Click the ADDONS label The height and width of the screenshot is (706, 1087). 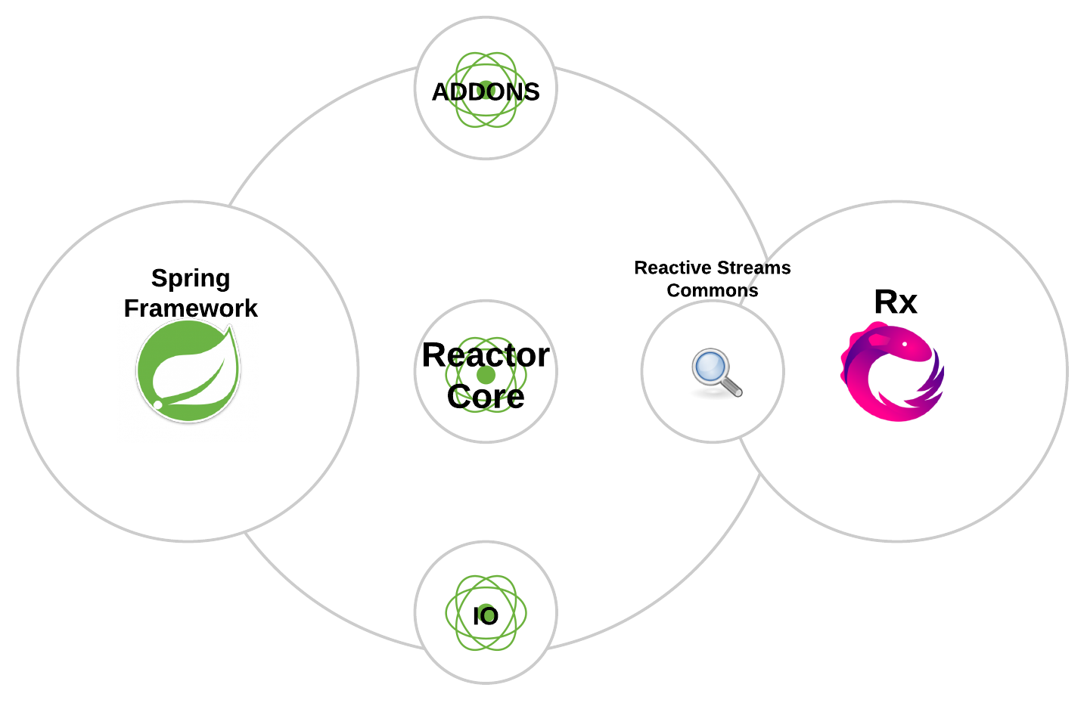tap(486, 92)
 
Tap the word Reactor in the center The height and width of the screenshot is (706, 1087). tap(486, 355)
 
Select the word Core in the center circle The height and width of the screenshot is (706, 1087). tap(486, 397)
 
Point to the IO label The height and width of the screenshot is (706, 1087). tap(486, 616)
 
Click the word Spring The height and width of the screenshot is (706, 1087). tap(191, 278)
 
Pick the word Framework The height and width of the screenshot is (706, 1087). tap(191, 308)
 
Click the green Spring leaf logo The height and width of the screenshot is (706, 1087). tap(188, 370)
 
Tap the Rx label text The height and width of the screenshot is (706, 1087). tap(896, 302)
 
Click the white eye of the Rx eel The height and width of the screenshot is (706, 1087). tap(905, 345)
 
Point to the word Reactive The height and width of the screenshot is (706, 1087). tap(670, 268)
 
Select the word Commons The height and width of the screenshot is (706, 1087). tap(713, 291)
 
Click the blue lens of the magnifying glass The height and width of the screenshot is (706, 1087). tap(710, 367)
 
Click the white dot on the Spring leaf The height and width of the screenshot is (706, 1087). tap(158, 404)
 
